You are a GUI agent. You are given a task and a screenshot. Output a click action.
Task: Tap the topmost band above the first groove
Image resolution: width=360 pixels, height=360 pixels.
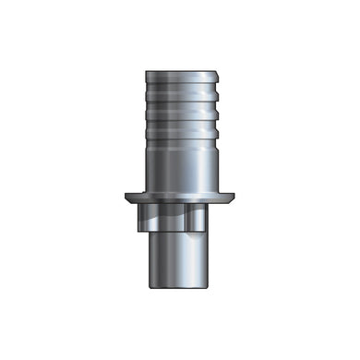point(180,78)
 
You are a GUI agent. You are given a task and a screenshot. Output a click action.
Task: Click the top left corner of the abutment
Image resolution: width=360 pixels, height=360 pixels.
point(146,67)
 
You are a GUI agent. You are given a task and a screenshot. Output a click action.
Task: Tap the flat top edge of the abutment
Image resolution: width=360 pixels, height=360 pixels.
point(180,66)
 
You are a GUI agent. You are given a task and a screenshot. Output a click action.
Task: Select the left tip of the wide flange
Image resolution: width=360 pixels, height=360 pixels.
point(124,196)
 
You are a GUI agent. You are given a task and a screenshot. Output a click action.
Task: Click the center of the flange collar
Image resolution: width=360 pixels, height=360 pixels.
point(180,198)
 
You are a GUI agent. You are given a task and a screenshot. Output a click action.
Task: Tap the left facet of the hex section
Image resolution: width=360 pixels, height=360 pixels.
point(143,219)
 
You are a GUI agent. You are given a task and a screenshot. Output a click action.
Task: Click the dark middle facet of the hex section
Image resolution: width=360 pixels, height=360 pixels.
point(172,219)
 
